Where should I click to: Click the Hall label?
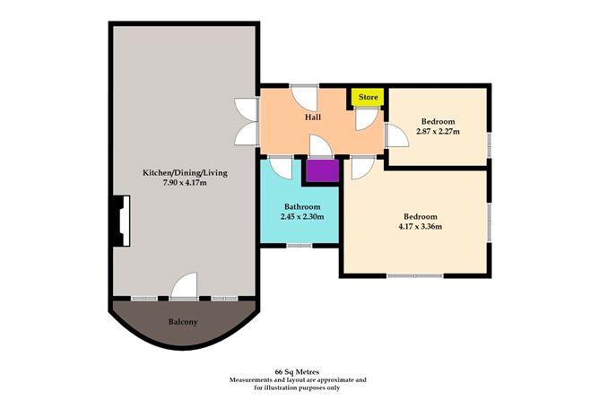click(313, 117)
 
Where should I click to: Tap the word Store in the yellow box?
click(368, 97)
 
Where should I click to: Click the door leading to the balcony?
click(186, 286)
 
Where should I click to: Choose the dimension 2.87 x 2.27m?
click(438, 132)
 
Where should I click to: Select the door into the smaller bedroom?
click(395, 136)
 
